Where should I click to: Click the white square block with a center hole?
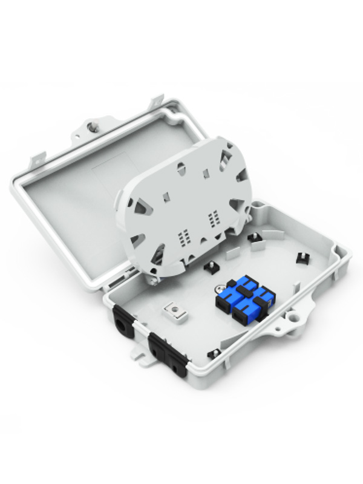coord(174,312)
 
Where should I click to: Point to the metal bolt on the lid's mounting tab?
coord(93,128)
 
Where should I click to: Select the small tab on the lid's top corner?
coord(158,98)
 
